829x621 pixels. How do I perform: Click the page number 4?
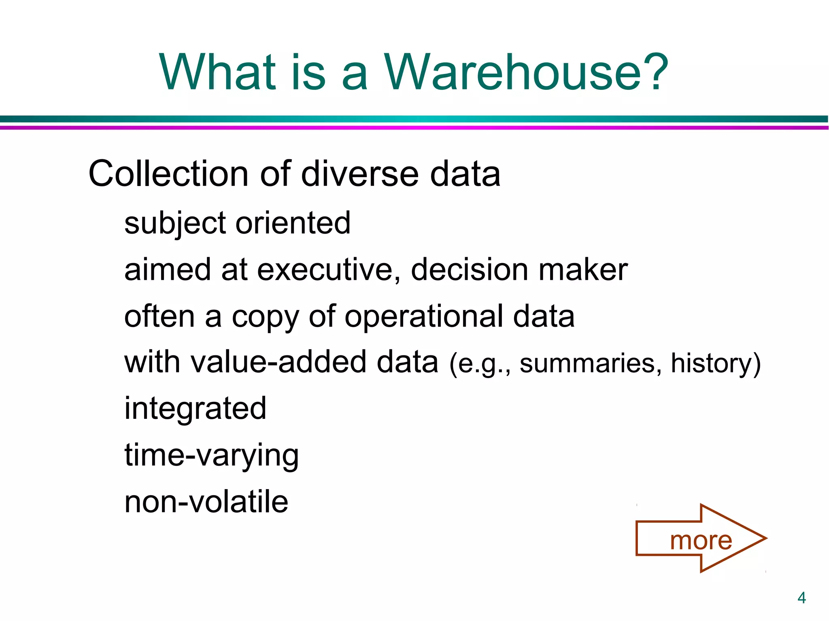(801, 598)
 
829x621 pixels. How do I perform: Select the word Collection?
(168, 174)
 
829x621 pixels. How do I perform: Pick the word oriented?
(293, 223)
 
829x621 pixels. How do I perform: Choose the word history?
(711, 363)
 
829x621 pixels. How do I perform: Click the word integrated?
(195, 409)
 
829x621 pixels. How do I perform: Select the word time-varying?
(211, 456)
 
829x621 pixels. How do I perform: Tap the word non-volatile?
(206, 502)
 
